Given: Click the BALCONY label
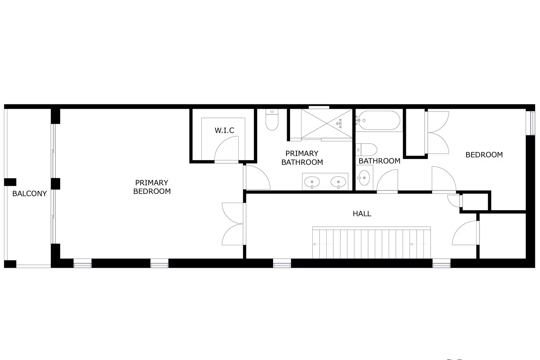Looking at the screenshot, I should pyautogui.click(x=29, y=194).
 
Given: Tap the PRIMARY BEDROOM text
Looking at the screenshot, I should pyautogui.click(x=152, y=187).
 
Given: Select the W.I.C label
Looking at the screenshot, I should pyautogui.click(x=224, y=130).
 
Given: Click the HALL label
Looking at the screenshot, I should pyautogui.click(x=362, y=213).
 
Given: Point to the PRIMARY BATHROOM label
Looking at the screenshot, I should pyautogui.click(x=302, y=158).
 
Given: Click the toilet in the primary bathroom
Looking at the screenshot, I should pyautogui.click(x=272, y=120).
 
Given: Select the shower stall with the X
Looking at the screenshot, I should pyautogui.click(x=326, y=124).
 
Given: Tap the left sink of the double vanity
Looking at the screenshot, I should pyautogui.click(x=312, y=182).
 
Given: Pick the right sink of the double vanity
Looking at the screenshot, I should pyautogui.click(x=338, y=182).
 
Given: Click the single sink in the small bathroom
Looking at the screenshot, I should pyautogui.click(x=364, y=177).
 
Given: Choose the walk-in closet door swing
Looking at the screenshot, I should pyautogui.click(x=227, y=149).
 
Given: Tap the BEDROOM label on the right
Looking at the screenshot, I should pyautogui.click(x=484, y=155).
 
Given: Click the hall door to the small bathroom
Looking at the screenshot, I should pyautogui.click(x=387, y=182).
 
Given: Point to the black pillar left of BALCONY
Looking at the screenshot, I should pyautogui.click(x=10, y=182).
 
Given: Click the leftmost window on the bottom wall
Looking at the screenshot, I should pyautogui.click(x=82, y=263).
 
